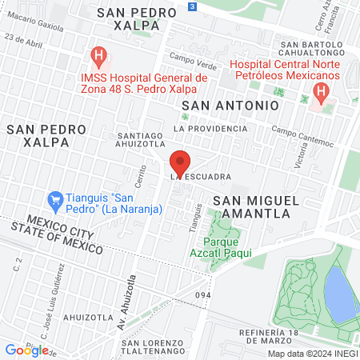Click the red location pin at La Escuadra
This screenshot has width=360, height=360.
click(180, 161)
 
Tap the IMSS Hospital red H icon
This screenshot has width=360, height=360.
click(98, 57)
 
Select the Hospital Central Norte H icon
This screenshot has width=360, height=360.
click(321, 92)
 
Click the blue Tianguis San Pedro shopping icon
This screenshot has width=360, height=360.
click(55, 198)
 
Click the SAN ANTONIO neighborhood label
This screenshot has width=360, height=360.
click(230, 105)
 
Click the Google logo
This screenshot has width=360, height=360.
click(26, 350)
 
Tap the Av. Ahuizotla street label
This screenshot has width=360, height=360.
click(122, 317)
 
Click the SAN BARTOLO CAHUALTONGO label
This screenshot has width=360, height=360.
click(312, 49)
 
